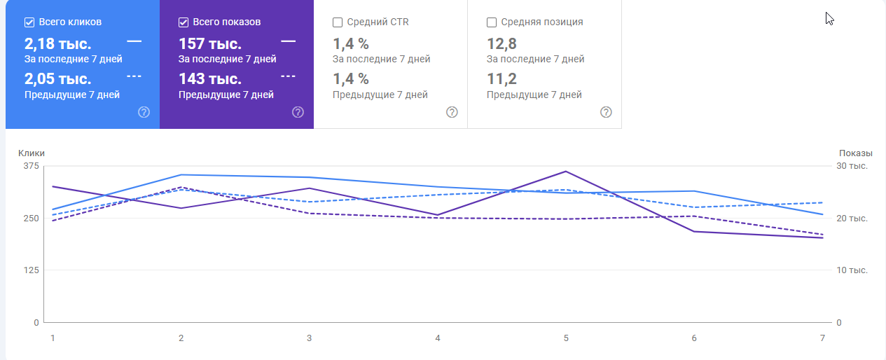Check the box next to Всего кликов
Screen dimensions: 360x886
[29, 22]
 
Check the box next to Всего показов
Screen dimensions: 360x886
[184, 22]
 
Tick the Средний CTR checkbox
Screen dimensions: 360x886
[338, 22]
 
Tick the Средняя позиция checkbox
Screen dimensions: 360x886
[492, 22]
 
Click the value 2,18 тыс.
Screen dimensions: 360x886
[58, 43]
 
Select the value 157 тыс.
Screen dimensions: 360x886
[210, 43]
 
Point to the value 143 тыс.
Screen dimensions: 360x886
[210, 79]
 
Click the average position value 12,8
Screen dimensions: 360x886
[501, 43]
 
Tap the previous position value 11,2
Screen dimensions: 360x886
[501, 79]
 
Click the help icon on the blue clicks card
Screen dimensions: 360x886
[144, 112]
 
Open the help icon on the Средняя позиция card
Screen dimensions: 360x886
[607, 112]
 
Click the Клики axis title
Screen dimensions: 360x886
[32, 153]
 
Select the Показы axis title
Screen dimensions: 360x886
[856, 153]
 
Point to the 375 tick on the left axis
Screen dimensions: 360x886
[32, 166]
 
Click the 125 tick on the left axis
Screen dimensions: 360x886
[32, 270]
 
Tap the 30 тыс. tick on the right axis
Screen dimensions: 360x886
[853, 166]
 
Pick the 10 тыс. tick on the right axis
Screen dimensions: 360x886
[853, 270]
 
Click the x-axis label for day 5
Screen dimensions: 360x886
[566, 338]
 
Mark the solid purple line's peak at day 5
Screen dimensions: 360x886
[565, 171]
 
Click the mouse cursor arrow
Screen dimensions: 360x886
[830, 18]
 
